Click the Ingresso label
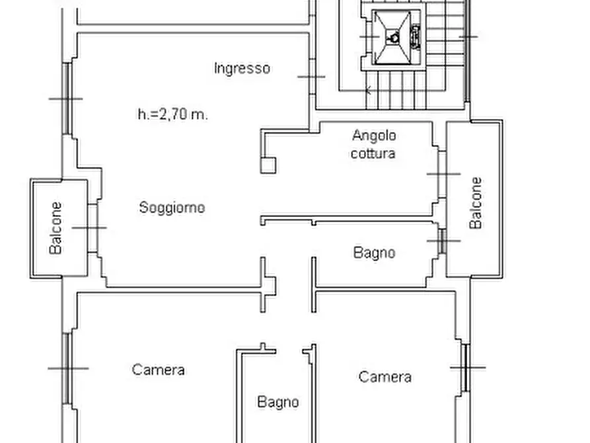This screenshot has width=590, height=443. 242,68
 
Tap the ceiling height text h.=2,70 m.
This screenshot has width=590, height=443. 172,114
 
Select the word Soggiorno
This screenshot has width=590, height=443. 172,208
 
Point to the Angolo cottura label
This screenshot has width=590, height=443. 374,144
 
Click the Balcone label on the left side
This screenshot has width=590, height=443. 57,228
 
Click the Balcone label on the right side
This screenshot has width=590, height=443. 476,203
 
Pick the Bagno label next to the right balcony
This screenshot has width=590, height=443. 374,253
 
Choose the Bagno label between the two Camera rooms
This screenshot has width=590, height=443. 277,402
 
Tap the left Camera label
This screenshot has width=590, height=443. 158,370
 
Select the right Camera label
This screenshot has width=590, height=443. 385,377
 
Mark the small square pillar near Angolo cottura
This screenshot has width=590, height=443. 268,165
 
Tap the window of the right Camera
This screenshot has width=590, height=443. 466,367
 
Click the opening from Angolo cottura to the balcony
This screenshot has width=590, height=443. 441,174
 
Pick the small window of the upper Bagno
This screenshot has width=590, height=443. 441,241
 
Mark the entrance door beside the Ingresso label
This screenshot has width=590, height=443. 311,77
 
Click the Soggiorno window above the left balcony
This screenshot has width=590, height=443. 67,99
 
